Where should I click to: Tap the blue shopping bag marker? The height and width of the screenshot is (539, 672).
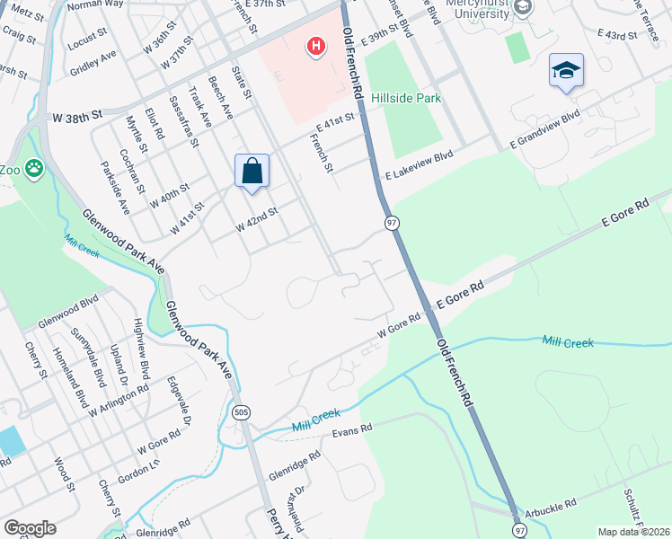pyautogui.click(x=252, y=171)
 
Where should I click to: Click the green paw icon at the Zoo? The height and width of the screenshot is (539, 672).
pyautogui.click(x=34, y=167)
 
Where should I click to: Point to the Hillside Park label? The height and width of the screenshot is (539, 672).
pyautogui.click(x=409, y=98)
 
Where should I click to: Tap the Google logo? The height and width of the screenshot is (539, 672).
pyautogui.click(x=30, y=528)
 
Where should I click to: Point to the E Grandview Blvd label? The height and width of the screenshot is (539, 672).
pyautogui.click(x=544, y=130)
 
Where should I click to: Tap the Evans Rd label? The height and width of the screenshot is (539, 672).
pyautogui.click(x=352, y=431)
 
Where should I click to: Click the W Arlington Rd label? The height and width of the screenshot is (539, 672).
pyautogui.click(x=118, y=402)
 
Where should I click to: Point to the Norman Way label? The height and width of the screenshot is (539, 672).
pyautogui.click(x=96, y=4)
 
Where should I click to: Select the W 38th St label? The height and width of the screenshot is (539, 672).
pyautogui.click(x=78, y=117)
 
